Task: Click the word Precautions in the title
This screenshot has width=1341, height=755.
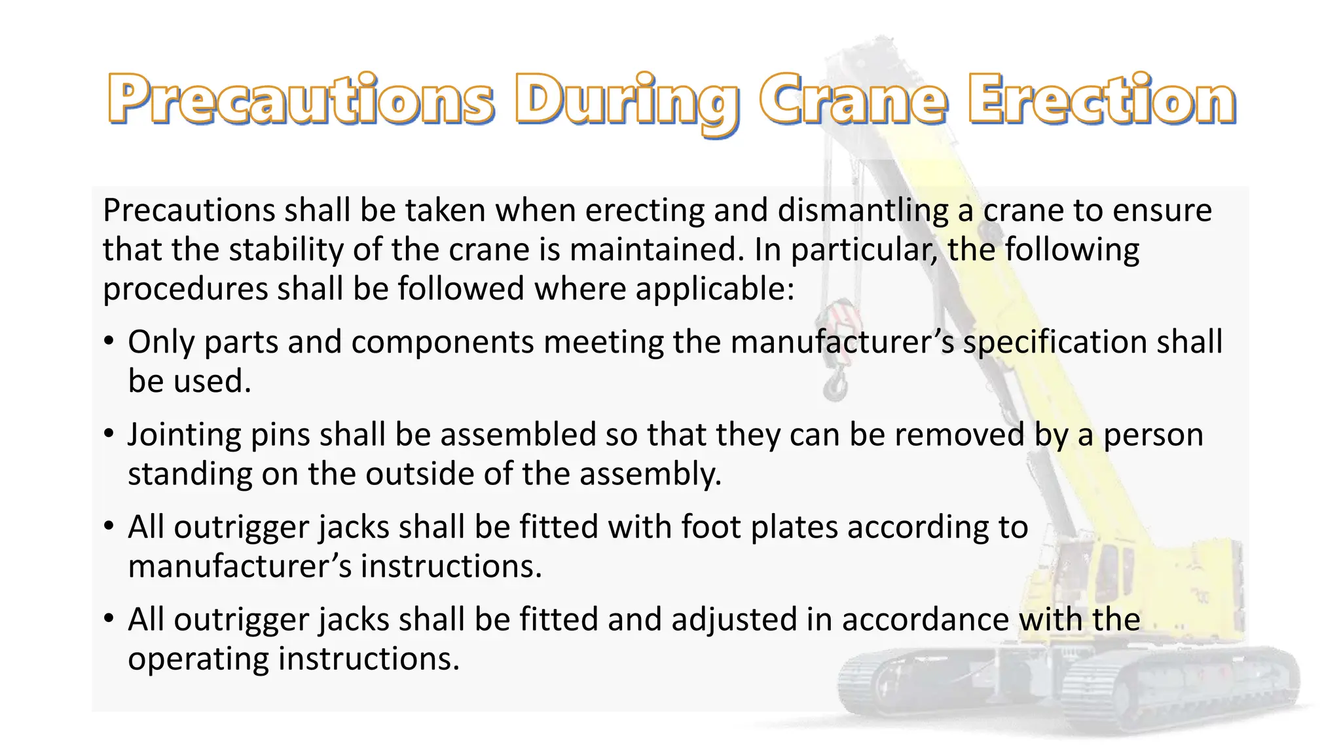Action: click(x=301, y=100)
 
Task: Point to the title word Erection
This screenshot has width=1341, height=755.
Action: click(x=1102, y=100)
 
